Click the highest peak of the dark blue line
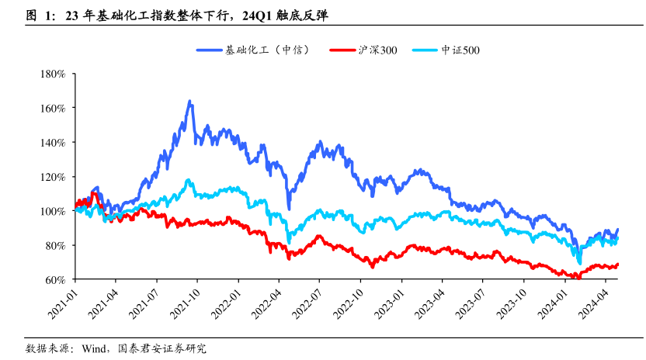point(189,102)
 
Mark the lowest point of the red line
point(576,278)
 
